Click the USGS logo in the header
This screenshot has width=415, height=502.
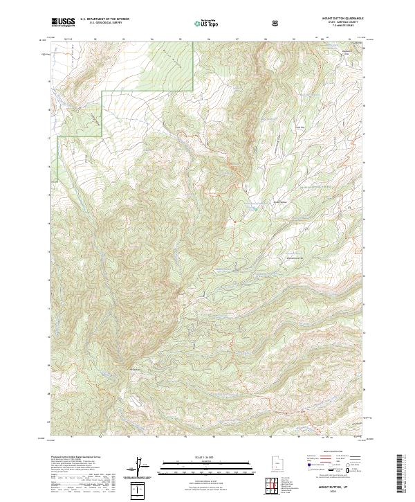coord(63,22)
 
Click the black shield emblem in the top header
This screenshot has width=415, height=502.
coord(275,23)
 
